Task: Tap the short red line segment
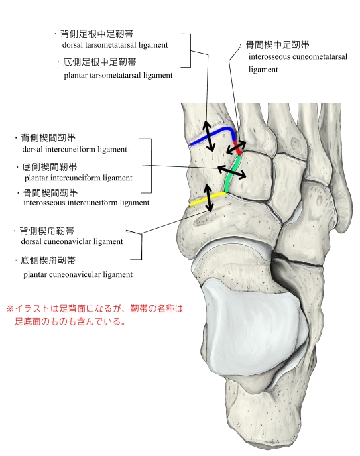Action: (237, 148)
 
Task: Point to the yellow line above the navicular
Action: (207, 199)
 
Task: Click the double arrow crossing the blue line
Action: (208, 136)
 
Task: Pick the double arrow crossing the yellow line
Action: (208, 198)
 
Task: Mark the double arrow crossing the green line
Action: (232, 172)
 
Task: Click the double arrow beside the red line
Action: (236, 148)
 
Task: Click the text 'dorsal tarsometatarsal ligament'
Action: (115, 45)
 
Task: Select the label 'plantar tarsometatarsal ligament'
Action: (118, 75)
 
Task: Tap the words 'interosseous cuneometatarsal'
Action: (298, 56)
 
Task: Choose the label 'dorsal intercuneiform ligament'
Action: (75, 150)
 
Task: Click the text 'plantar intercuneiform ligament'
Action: (78, 178)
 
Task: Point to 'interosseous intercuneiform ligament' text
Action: (86, 203)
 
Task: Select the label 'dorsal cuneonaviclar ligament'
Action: (72, 241)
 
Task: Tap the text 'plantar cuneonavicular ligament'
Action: (78, 274)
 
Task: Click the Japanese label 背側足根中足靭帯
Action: (97, 34)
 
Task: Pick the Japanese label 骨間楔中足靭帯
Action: (278, 45)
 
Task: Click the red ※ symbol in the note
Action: (10, 308)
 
